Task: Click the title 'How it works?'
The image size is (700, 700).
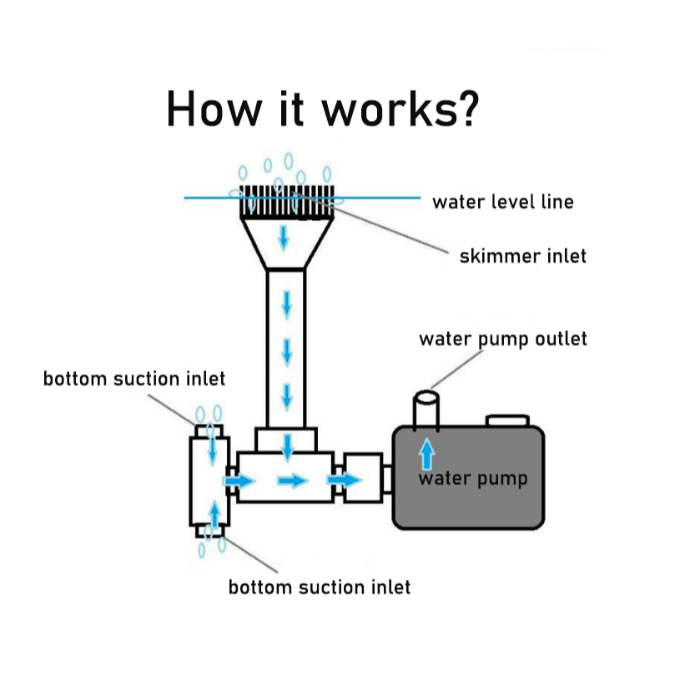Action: tap(323, 109)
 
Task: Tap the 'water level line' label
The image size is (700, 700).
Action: tap(502, 202)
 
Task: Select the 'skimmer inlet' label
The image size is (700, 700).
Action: tap(522, 255)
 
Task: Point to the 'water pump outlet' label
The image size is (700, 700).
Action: tap(502, 339)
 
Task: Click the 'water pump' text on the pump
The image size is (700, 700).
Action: tap(472, 479)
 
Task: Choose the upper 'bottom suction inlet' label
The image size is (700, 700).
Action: tap(134, 379)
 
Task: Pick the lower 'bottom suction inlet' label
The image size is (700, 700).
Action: tap(320, 587)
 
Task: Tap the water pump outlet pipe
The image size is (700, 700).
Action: tap(426, 409)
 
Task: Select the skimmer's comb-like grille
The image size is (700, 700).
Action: tap(286, 202)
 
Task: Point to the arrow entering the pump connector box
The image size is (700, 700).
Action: tap(344, 481)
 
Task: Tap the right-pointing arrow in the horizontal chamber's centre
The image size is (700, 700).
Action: tap(292, 481)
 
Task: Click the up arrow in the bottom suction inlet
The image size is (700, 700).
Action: tap(214, 514)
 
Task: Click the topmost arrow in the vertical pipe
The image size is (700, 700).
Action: tap(287, 305)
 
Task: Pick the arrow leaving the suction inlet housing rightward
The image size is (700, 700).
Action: tap(240, 481)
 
